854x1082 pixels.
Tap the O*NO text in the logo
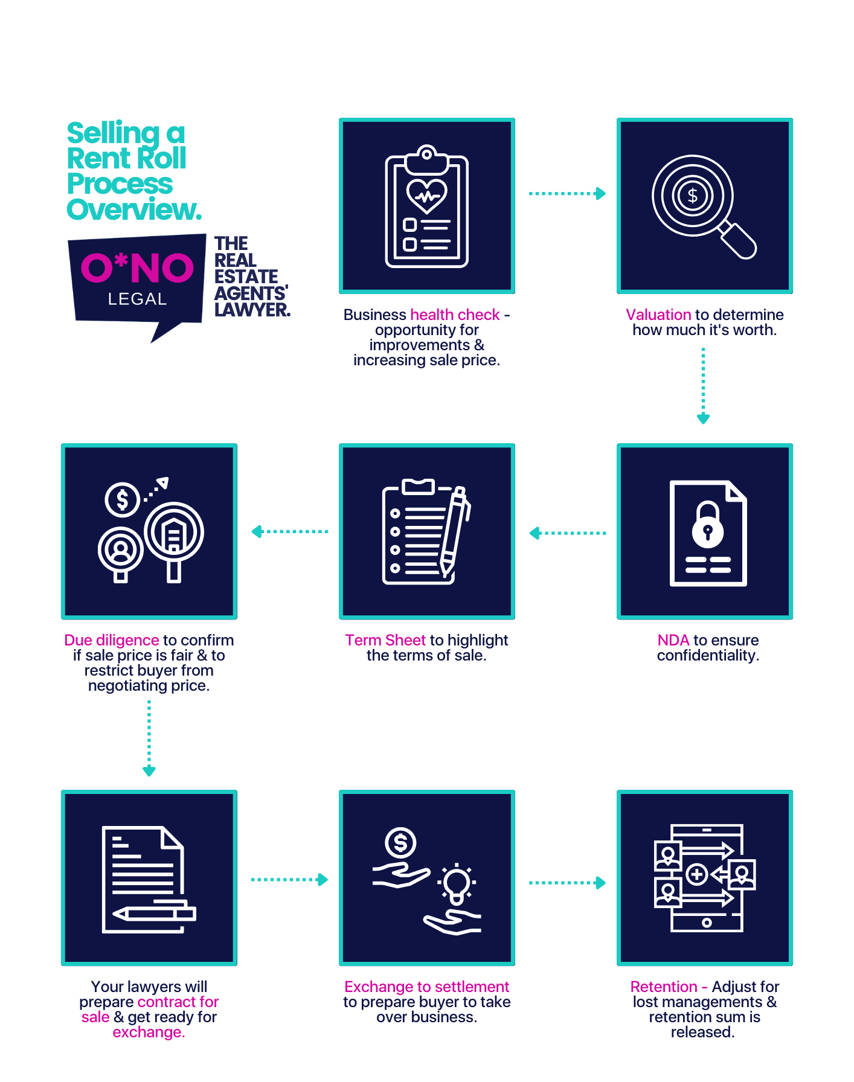(137, 268)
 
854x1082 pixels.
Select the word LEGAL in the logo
(137, 299)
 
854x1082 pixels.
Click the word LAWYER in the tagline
(252, 310)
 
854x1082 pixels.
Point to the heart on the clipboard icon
(427, 195)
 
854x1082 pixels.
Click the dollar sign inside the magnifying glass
(693, 196)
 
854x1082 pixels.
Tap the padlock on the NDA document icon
(708, 525)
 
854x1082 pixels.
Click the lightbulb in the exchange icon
(457, 883)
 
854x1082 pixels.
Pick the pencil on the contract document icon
(155, 913)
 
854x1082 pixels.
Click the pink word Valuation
(658, 315)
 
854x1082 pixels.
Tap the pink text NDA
(673, 640)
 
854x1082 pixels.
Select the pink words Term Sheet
(385, 640)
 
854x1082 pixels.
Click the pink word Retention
(663, 987)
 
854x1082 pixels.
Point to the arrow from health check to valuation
(567, 193)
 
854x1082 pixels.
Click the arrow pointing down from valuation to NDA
(703, 385)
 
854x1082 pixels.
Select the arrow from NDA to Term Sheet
(567, 533)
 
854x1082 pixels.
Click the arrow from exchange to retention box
(567, 883)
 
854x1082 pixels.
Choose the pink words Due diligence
(111, 640)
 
